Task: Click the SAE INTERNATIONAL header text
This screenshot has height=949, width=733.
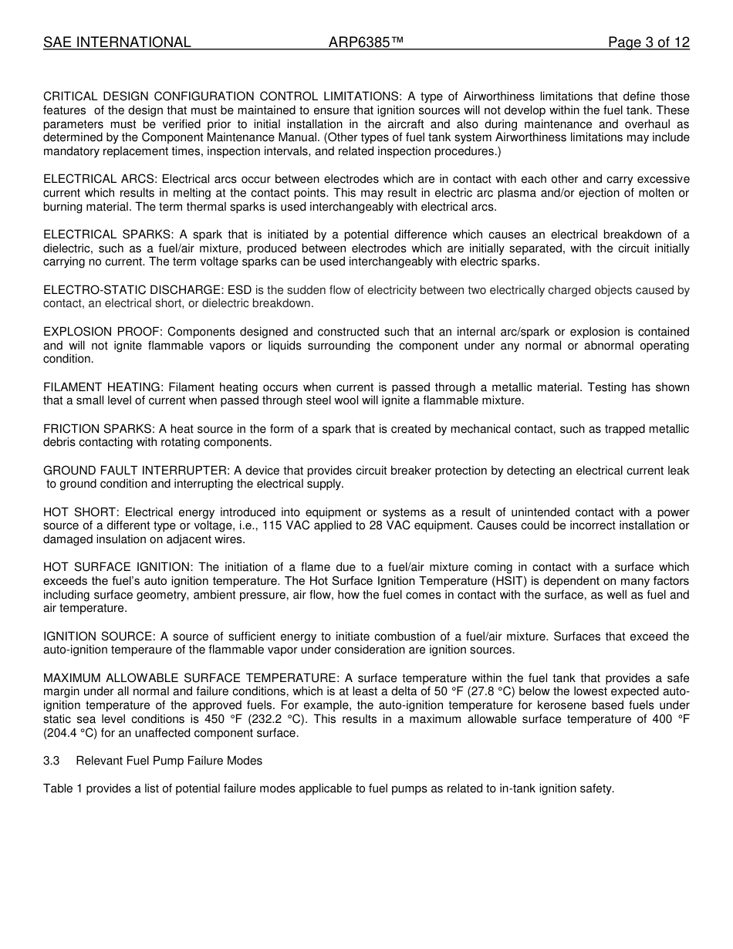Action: pos(117,43)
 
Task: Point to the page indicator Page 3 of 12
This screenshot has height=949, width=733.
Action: pos(648,43)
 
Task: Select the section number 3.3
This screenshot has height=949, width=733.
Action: pos(51,761)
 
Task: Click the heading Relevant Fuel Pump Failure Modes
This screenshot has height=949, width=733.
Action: pos(169,761)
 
